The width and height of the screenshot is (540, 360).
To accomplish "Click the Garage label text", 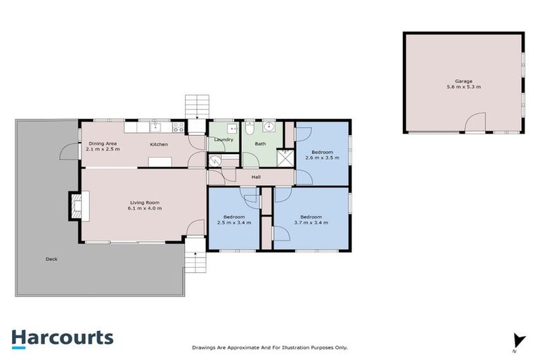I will (463, 82).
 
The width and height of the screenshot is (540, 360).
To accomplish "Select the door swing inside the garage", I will (475, 123).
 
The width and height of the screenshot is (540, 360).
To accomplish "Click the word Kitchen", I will (159, 144).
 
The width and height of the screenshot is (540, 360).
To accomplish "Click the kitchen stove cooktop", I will (179, 127).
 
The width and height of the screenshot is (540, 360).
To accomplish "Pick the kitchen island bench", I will (160, 162).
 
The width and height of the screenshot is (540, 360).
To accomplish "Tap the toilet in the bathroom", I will (250, 129).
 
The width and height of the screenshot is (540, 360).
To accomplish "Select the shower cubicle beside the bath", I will (285, 157).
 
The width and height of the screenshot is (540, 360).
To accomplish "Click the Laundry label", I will (224, 139).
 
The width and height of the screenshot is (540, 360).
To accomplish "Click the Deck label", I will (51, 259).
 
